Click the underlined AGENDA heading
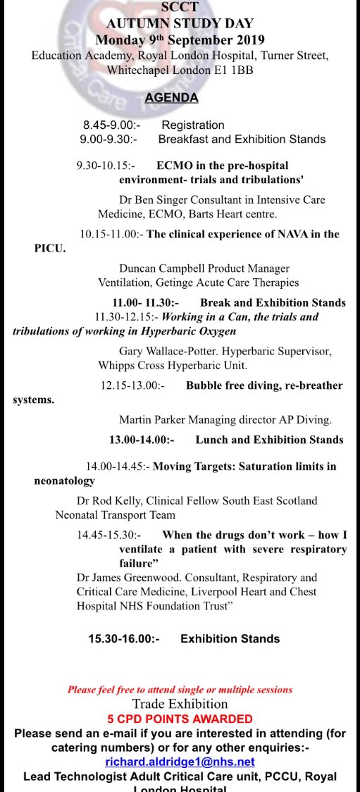point(171,98)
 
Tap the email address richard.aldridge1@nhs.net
point(180,762)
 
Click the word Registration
point(193,125)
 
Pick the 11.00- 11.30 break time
point(139,302)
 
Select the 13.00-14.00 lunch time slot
point(141,440)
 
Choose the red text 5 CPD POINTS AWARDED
point(180,719)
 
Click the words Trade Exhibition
point(180,704)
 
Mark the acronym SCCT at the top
point(180,8)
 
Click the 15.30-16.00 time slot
point(123,638)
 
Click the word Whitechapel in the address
point(138,70)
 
